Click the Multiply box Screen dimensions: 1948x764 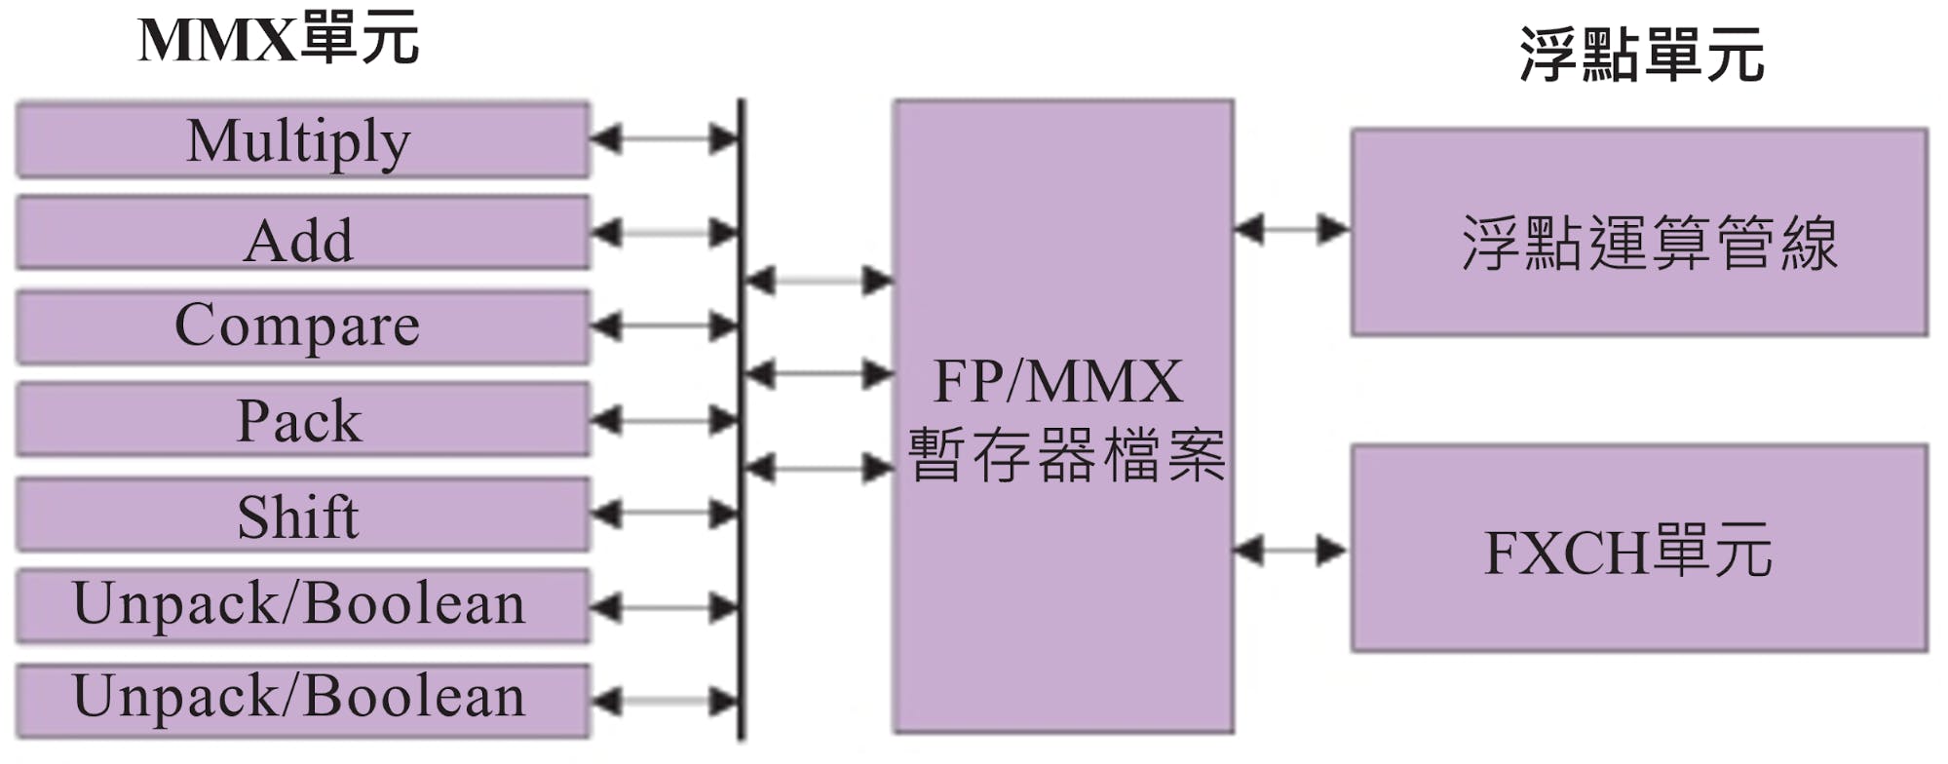[x=303, y=139]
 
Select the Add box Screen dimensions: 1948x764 [x=303, y=233]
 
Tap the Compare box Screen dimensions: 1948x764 [x=303, y=326]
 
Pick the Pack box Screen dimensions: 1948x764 [x=303, y=420]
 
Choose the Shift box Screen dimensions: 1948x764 [x=303, y=514]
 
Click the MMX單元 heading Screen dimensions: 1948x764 [x=279, y=39]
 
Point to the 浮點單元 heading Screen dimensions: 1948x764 [x=1642, y=55]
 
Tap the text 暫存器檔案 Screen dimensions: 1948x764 [x=1066, y=455]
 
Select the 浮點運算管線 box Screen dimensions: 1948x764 [x=1639, y=232]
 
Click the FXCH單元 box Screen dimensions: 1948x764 [x=1639, y=549]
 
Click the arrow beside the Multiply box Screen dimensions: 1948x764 [x=666, y=139]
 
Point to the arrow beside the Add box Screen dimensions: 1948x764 [x=666, y=233]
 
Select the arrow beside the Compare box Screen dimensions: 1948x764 [x=666, y=326]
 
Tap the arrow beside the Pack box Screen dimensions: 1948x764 [x=666, y=420]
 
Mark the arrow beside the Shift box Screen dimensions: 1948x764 [x=666, y=514]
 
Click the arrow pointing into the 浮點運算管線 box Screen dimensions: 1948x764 [x=1292, y=230]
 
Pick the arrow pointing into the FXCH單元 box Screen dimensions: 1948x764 [x=1292, y=551]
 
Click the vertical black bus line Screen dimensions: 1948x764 [x=742, y=420]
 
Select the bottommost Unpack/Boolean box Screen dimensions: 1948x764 [x=303, y=701]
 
